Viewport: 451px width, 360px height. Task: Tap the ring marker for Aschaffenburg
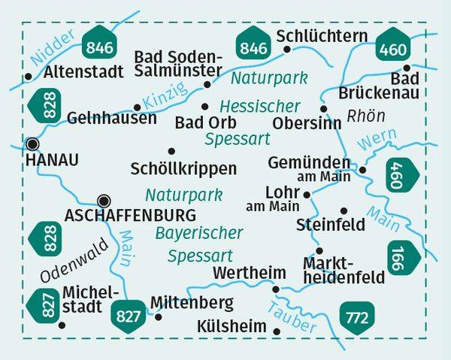click(104, 200)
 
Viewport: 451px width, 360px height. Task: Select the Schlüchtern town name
click(322, 36)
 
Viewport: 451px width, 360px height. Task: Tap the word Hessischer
click(259, 106)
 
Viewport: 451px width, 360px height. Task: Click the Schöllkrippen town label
click(183, 168)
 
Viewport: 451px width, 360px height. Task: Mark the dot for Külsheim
click(277, 331)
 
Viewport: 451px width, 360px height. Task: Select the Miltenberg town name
click(192, 303)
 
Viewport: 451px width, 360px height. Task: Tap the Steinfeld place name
click(331, 224)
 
